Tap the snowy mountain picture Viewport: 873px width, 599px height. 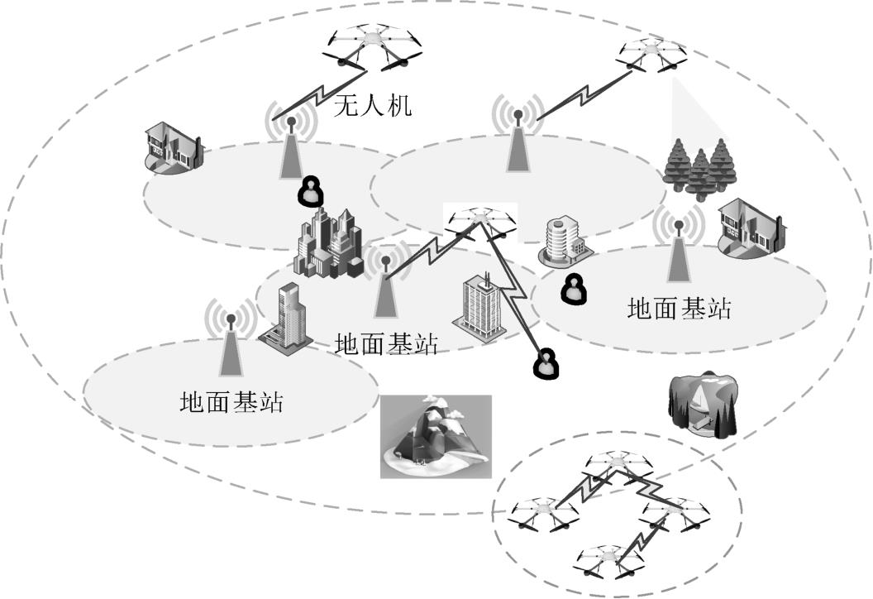pyautogui.click(x=436, y=436)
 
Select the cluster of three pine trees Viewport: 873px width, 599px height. pyautogui.click(x=699, y=165)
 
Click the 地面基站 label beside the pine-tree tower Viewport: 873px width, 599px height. pyautogui.click(x=679, y=309)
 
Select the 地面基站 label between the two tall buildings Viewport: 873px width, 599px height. pyautogui.click(x=386, y=343)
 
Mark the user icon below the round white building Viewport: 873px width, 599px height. pyautogui.click(x=572, y=290)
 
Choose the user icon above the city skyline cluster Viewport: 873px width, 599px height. pyautogui.click(x=311, y=192)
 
